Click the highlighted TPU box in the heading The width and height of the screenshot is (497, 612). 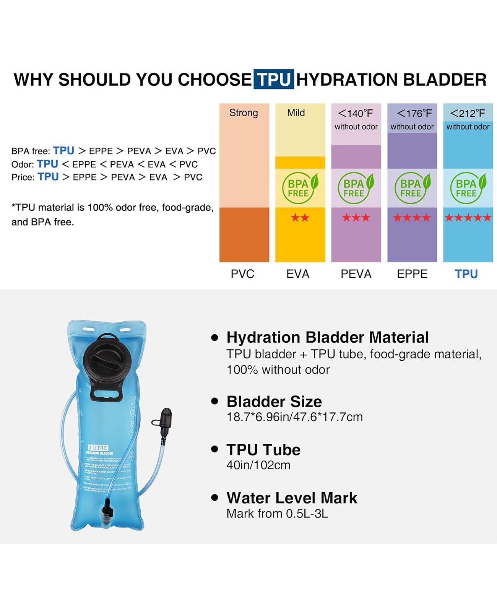coord(274,80)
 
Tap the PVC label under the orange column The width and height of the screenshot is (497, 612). coord(242,274)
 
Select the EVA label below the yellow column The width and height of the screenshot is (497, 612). coord(298,274)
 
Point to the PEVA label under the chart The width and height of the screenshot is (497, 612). coord(356,274)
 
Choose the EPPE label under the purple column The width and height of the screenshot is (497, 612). coord(412,274)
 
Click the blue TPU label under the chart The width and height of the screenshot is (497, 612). coord(466,274)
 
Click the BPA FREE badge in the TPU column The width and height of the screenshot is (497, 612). coord(468,188)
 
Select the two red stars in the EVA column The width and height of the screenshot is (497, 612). coord(300,218)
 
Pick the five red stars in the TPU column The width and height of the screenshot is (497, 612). coord(468,218)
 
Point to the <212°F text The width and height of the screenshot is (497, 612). coord(468,114)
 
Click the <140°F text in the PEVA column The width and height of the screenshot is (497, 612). coord(356,114)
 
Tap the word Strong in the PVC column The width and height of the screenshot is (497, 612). coord(244,113)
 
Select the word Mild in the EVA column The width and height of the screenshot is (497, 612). coord(296,113)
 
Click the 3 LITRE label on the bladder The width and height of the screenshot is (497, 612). coord(98,448)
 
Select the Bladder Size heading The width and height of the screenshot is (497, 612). coord(274,402)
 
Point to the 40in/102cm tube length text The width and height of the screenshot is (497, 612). coord(258,465)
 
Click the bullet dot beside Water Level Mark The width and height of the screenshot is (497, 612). coord(215,498)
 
